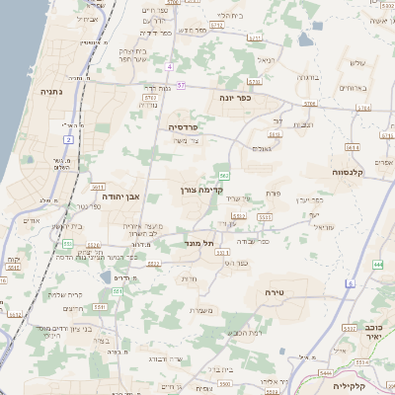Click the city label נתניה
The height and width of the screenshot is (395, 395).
(48, 91)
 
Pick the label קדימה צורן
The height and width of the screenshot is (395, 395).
(204, 189)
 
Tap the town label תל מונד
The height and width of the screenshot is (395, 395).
(199, 243)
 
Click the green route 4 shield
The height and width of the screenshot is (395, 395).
(170, 66)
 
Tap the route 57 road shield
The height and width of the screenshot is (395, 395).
(181, 86)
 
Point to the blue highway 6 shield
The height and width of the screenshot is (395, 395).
(351, 283)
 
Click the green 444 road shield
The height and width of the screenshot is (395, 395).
(378, 265)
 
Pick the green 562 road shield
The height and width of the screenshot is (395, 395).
(224, 176)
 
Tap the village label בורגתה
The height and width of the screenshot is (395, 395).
(306, 78)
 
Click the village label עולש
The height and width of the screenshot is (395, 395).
(357, 63)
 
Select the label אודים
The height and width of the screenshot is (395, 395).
(30, 220)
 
